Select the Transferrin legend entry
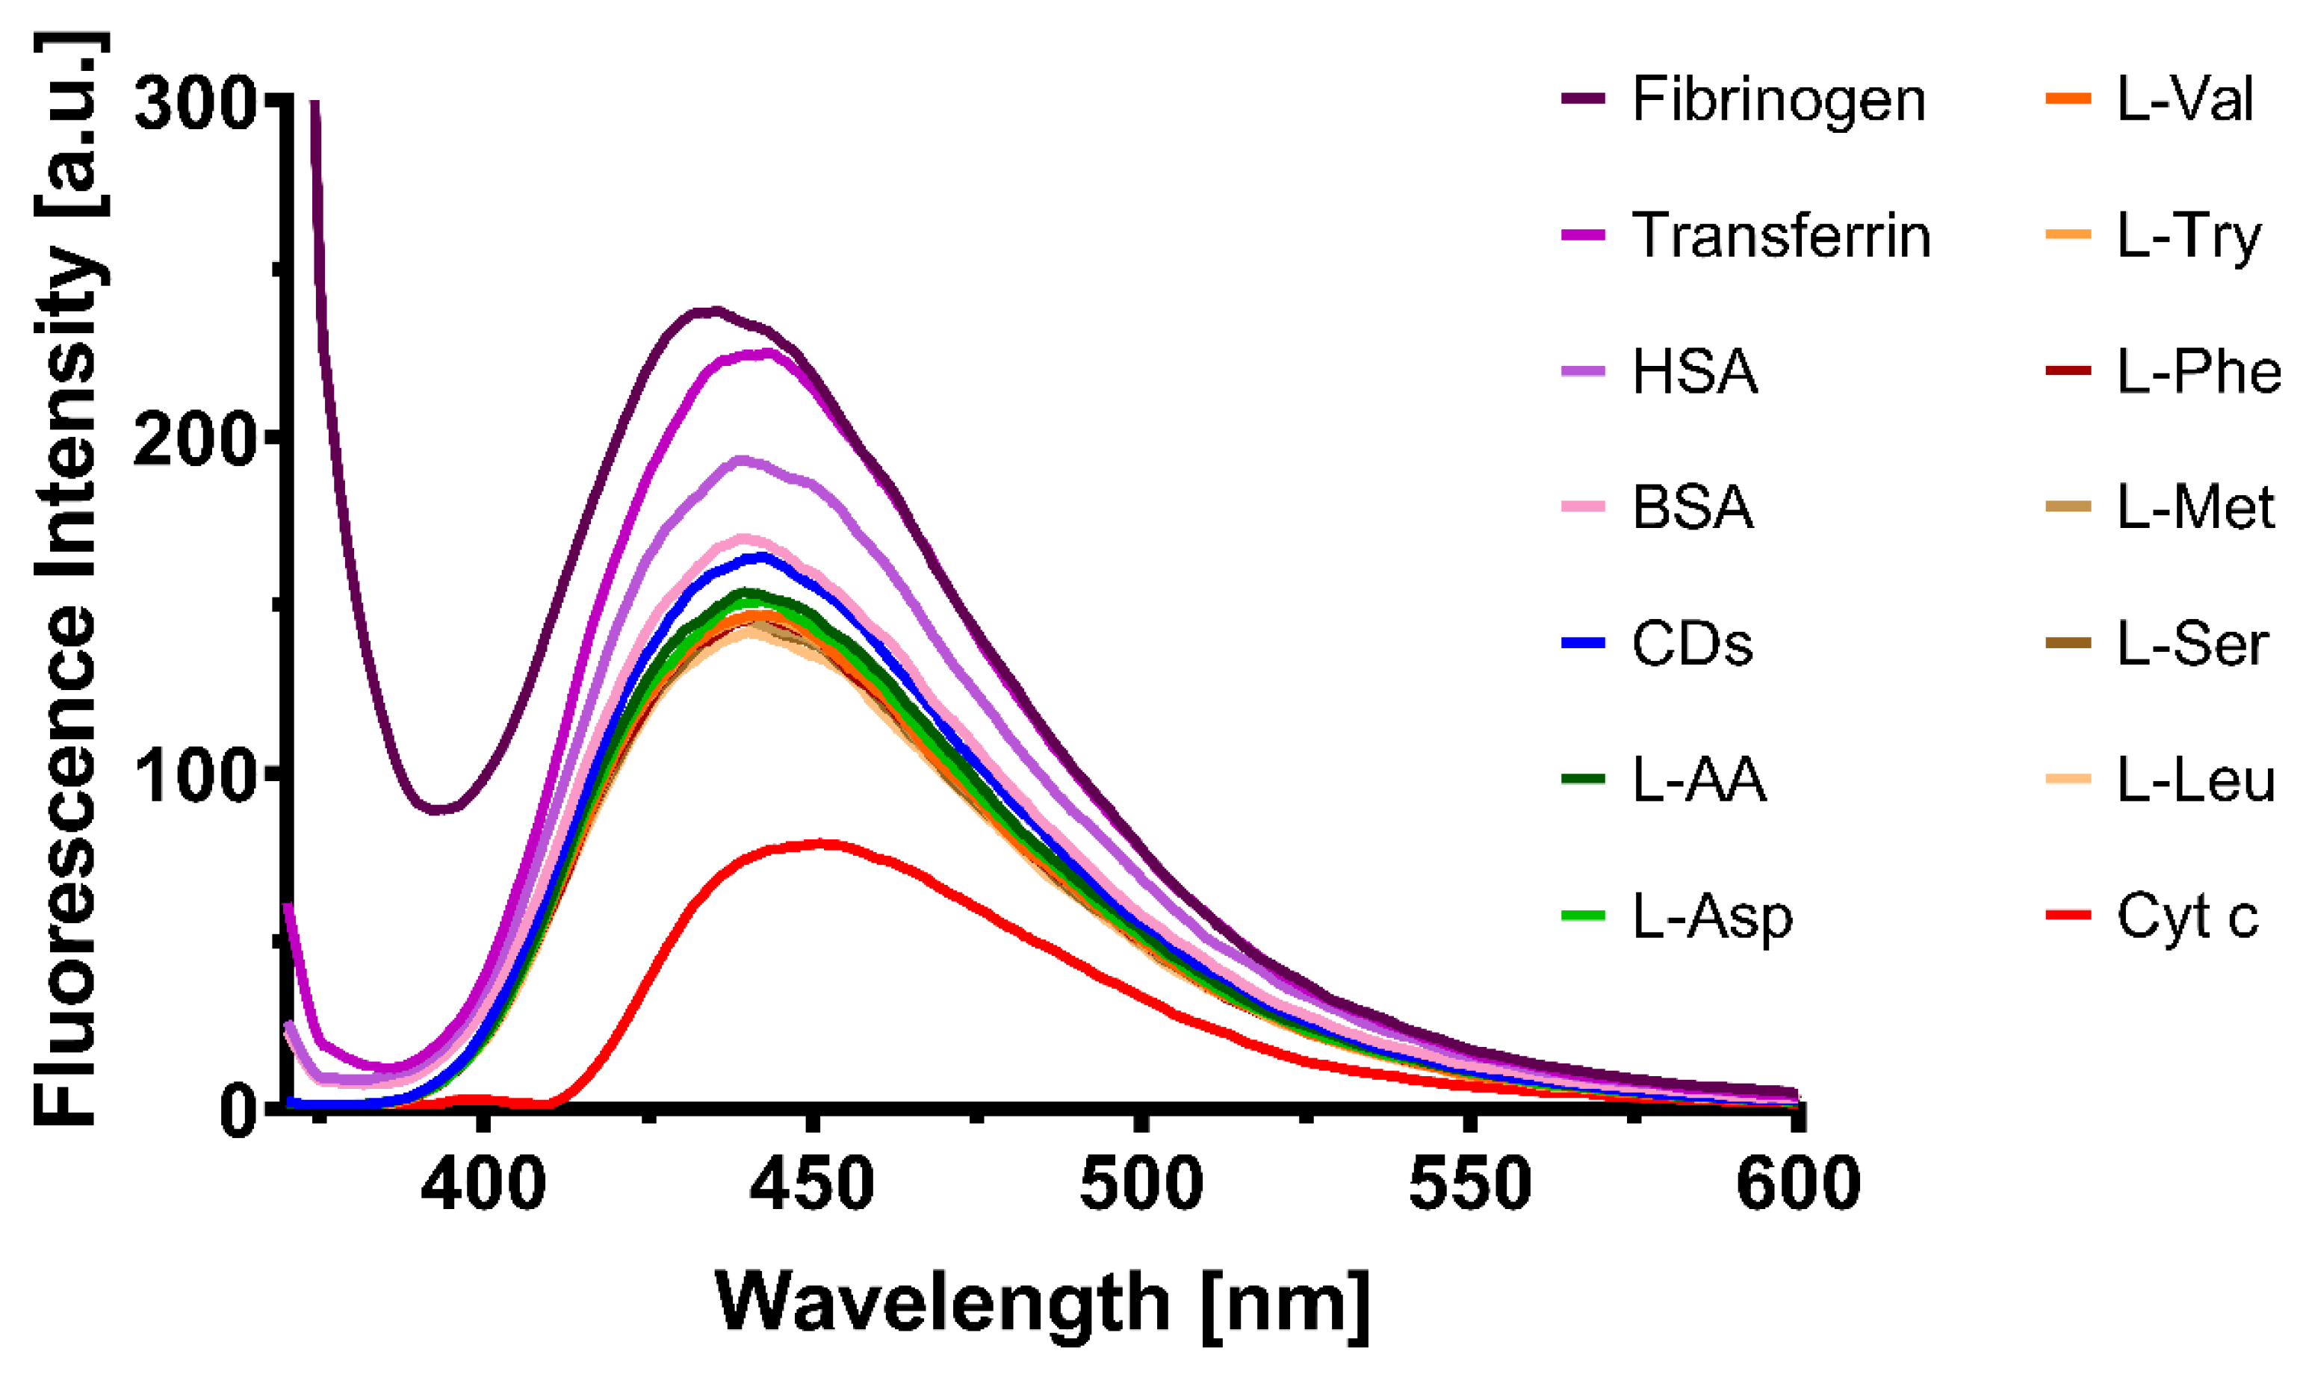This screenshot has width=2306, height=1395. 1781,236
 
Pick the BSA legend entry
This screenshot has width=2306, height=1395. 1692,508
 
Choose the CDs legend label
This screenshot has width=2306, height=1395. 1692,644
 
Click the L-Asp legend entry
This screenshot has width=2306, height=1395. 1713,918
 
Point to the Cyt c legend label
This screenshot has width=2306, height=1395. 2187,918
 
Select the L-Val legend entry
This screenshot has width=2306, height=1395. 2184,99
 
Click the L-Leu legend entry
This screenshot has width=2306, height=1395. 2195,780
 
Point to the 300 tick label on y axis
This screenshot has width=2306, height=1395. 195,103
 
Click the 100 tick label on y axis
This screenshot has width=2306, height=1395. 195,776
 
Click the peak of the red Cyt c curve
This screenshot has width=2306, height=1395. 823,844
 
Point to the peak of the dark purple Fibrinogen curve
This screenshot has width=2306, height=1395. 716,311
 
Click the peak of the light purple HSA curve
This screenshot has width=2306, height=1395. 743,459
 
